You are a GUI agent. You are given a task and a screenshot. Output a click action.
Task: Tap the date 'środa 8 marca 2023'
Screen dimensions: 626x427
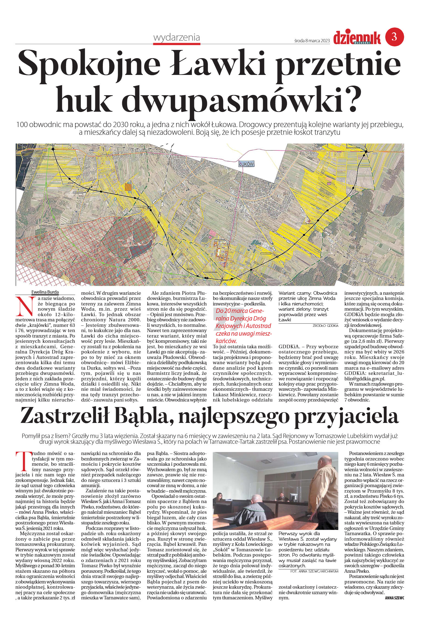click(x=312, y=41)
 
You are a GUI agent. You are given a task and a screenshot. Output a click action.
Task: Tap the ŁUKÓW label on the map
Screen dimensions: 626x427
click(x=246, y=164)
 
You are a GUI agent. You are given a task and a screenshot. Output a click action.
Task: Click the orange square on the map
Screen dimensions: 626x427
click(x=128, y=187)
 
